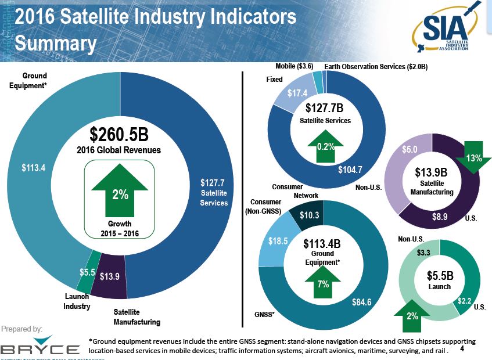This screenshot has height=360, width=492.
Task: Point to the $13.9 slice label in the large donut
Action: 109,276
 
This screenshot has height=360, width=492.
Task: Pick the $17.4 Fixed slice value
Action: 297,93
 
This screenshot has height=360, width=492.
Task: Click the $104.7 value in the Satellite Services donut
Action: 350,170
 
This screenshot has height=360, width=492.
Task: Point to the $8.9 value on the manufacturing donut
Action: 440,217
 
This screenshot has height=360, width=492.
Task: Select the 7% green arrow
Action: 323,283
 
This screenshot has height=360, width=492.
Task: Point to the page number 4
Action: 462,350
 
